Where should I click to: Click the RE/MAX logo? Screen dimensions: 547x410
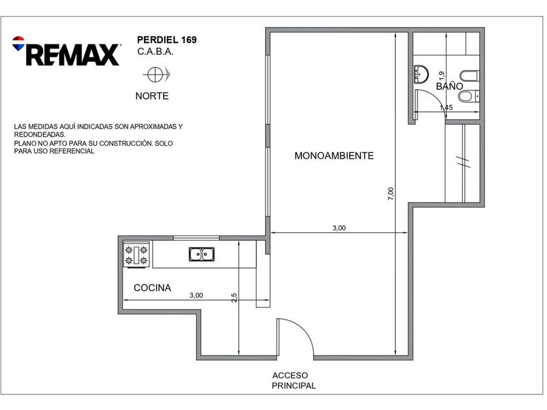click(x=66, y=51)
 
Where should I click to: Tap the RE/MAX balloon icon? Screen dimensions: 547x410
click(x=18, y=43)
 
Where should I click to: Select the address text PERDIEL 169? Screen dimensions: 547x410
click(x=167, y=40)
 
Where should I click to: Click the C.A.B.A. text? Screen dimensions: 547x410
click(x=155, y=51)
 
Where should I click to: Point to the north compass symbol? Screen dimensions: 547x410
click(x=156, y=75)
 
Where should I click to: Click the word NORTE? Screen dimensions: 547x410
click(x=152, y=96)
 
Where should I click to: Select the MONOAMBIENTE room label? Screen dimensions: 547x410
click(x=334, y=156)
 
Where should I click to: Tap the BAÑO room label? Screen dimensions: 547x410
click(x=449, y=86)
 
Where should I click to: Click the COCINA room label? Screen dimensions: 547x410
click(x=152, y=288)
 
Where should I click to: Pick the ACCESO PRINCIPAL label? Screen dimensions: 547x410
click(x=294, y=380)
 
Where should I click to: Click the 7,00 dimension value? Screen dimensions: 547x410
click(x=391, y=193)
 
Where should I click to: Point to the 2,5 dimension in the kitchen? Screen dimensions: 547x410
click(x=234, y=297)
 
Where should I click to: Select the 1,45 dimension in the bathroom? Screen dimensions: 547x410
click(x=446, y=107)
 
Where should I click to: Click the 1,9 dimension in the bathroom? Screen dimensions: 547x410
click(x=442, y=75)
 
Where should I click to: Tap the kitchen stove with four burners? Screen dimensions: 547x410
click(x=136, y=255)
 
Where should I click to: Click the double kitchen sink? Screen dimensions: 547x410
click(x=202, y=254)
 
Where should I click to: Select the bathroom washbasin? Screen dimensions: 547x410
click(x=421, y=74)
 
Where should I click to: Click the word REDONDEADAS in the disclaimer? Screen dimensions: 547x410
click(x=40, y=135)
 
